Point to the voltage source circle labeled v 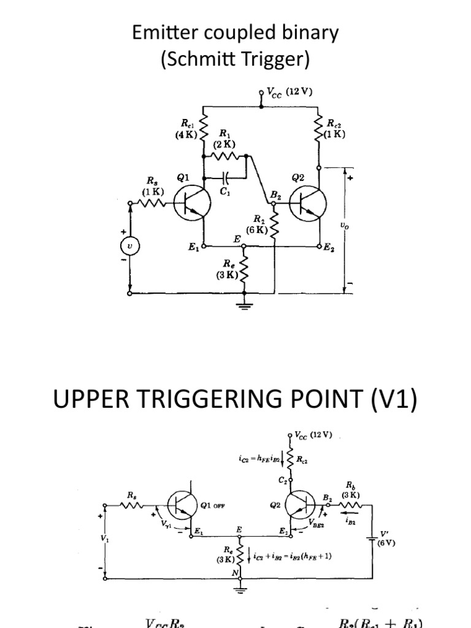tap(129, 246)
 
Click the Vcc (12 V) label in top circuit tap(288, 93)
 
